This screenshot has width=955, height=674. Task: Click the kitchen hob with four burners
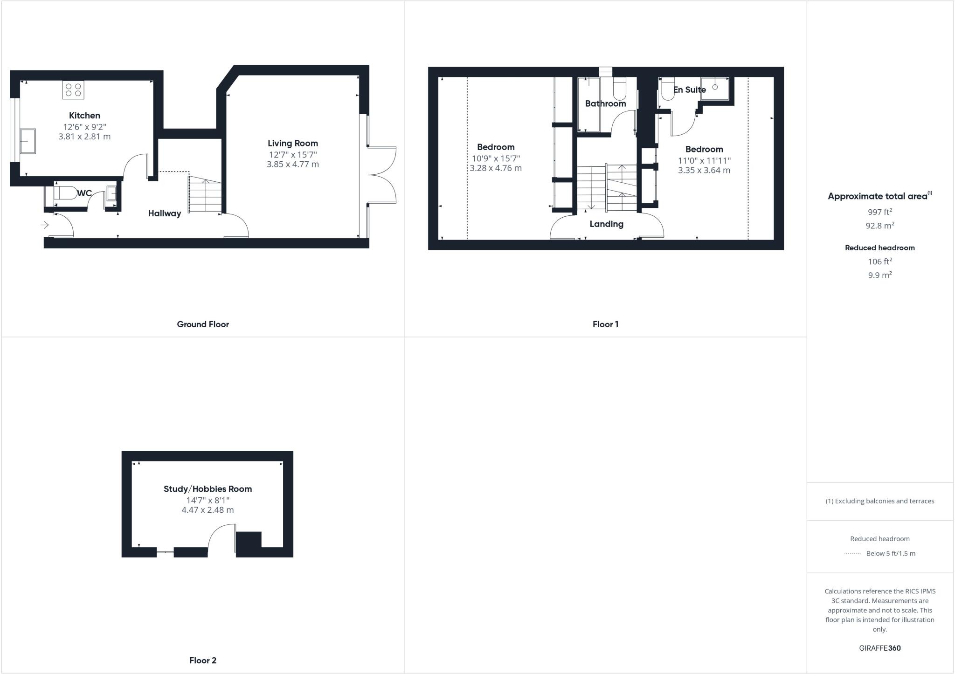pyautogui.click(x=73, y=89)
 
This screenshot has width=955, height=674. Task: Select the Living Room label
pyautogui.click(x=292, y=143)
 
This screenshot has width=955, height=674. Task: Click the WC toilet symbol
pyautogui.click(x=65, y=193)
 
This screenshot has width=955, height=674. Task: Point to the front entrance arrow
pyautogui.click(x=45, y=225)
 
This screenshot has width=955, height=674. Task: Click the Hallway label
pyautogui.click(x=164, y=213)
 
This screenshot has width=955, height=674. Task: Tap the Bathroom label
pyautogui.click(x=605, y=103)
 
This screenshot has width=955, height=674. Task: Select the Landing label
pyautogui.click(x=606, y=224)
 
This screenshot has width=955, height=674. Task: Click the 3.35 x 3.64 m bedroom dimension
pyautogui.click(x=704, y=171)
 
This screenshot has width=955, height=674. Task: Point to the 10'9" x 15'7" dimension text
pyautogui.click(x=495, y=158)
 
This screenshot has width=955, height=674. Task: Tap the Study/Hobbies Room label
pyautogui.click(x=208, y=489)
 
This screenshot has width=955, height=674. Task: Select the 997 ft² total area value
pyautogui.click(x=879, y=212)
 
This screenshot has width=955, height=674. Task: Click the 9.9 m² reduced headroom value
pyautogui.click(x=879, y=275)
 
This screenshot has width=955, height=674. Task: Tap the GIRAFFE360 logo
pyautogui.click(x=879, y=648)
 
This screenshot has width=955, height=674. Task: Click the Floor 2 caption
pyautogui.click(x=203, y=660)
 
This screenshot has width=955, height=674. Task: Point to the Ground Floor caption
pyautogui.click(x=203, y=324)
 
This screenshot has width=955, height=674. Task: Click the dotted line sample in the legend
pyautogui.click(x=852, y=554)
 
